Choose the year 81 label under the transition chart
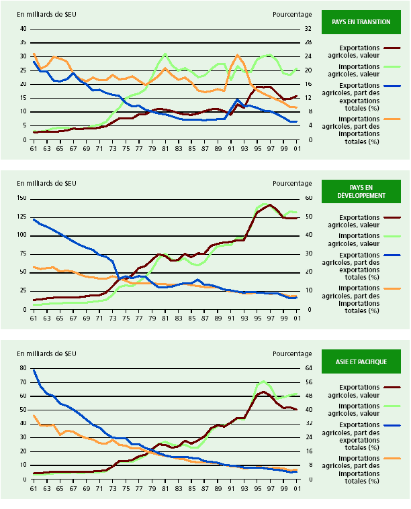click(x=165, y=148)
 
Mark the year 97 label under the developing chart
click(x=271, y=318)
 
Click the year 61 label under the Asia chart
click(x=34, y=488)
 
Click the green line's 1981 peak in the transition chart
click(x=165, y=54)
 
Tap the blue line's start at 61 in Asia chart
click(x=34, y=370)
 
